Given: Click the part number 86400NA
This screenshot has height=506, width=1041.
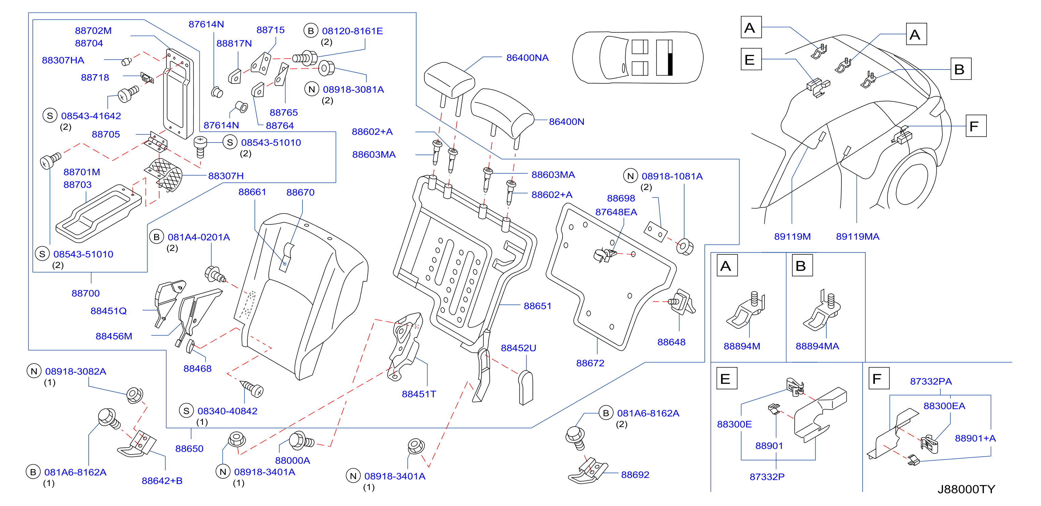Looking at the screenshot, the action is point(527,58).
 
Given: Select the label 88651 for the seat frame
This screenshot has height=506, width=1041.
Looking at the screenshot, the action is point(537,306).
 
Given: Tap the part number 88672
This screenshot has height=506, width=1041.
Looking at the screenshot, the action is point(590,363).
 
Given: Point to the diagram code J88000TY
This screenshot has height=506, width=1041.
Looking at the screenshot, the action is point(966,489).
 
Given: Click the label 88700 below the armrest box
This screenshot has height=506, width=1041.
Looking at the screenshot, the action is point(85,293).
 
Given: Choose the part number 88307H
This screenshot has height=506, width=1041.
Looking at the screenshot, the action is point(225,176).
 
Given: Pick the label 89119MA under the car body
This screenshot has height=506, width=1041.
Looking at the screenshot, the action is point(857,236).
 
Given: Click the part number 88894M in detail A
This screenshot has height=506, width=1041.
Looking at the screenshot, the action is point(742,346).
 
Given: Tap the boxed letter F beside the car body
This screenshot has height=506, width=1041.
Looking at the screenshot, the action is point(976,126).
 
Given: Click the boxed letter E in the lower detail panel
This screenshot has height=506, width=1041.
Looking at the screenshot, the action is point(727,378).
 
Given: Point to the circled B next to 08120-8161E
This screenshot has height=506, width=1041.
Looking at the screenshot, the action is point(310,31).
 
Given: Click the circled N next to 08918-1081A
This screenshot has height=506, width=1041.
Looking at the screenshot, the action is point(630,176).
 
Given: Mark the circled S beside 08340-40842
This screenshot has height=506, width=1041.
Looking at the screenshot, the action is point(186,411).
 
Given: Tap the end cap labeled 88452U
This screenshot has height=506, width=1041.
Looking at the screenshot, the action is point(525,388).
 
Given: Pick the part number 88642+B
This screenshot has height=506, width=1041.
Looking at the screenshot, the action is point(162,480).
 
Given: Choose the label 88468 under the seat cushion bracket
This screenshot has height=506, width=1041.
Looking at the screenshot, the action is point(197,368).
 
